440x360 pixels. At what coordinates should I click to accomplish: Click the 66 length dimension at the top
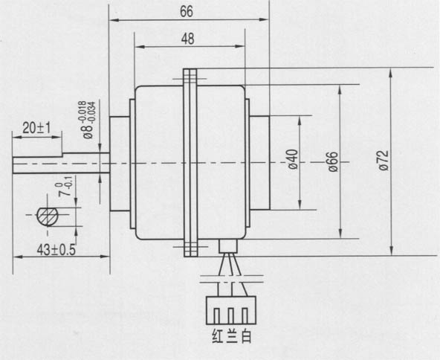(187, 11)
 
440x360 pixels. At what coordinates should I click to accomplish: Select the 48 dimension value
(188, 39)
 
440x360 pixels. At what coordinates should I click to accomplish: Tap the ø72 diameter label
(384, 160)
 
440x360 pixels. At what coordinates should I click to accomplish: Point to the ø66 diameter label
(333, 161)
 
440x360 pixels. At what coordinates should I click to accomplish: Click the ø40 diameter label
(293, 159)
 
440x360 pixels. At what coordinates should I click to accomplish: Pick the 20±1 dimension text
(36, 129)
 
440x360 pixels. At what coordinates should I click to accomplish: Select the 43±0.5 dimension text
(56, 250)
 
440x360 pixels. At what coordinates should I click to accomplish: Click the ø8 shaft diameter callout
(87, 120)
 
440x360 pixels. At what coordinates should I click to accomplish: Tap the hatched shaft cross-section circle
(48, 216)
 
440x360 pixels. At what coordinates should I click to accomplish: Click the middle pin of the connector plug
(231, 316)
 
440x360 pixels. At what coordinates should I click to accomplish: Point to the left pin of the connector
(216, 316)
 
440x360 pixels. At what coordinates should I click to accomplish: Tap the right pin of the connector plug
(245, 316)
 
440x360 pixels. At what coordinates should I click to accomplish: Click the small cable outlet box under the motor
(228, 245)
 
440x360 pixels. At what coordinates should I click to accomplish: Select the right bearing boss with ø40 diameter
(259, 163)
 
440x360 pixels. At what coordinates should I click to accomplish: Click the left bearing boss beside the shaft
(120, 164)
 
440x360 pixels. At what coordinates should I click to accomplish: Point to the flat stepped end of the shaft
(37, 165)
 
